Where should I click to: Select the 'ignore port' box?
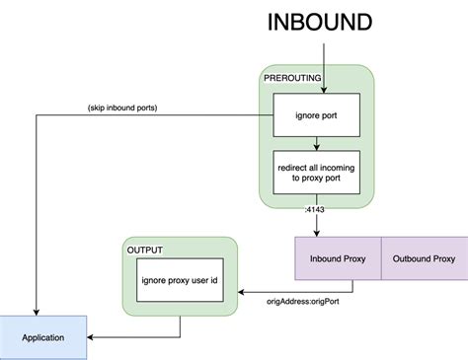[316, 115]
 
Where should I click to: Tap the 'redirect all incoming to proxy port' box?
[316, 175]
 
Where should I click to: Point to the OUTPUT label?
[145, 251]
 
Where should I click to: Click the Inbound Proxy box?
[337, 259]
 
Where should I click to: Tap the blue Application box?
[43, 337]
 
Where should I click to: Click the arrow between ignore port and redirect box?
[316, 143]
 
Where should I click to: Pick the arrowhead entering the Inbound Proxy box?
[317, 234]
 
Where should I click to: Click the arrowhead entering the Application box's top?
[37, 312]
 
